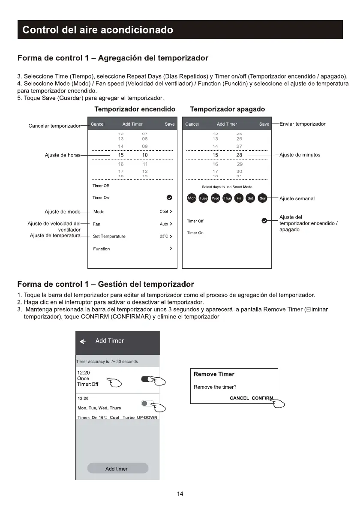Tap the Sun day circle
(x=263, y=198)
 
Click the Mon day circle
(x=192, y=198)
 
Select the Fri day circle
(x=239, y=198)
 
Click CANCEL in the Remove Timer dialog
(x=239, y=398)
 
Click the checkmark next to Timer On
(x=169, y=198)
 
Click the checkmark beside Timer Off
(x=264, y=221)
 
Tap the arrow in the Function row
(x=171, y=249)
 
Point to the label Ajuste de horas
(x=62, y=155)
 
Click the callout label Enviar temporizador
(x=302, y=124)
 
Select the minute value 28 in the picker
(x=239, y=155)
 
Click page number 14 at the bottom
(x=180, y=494)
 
